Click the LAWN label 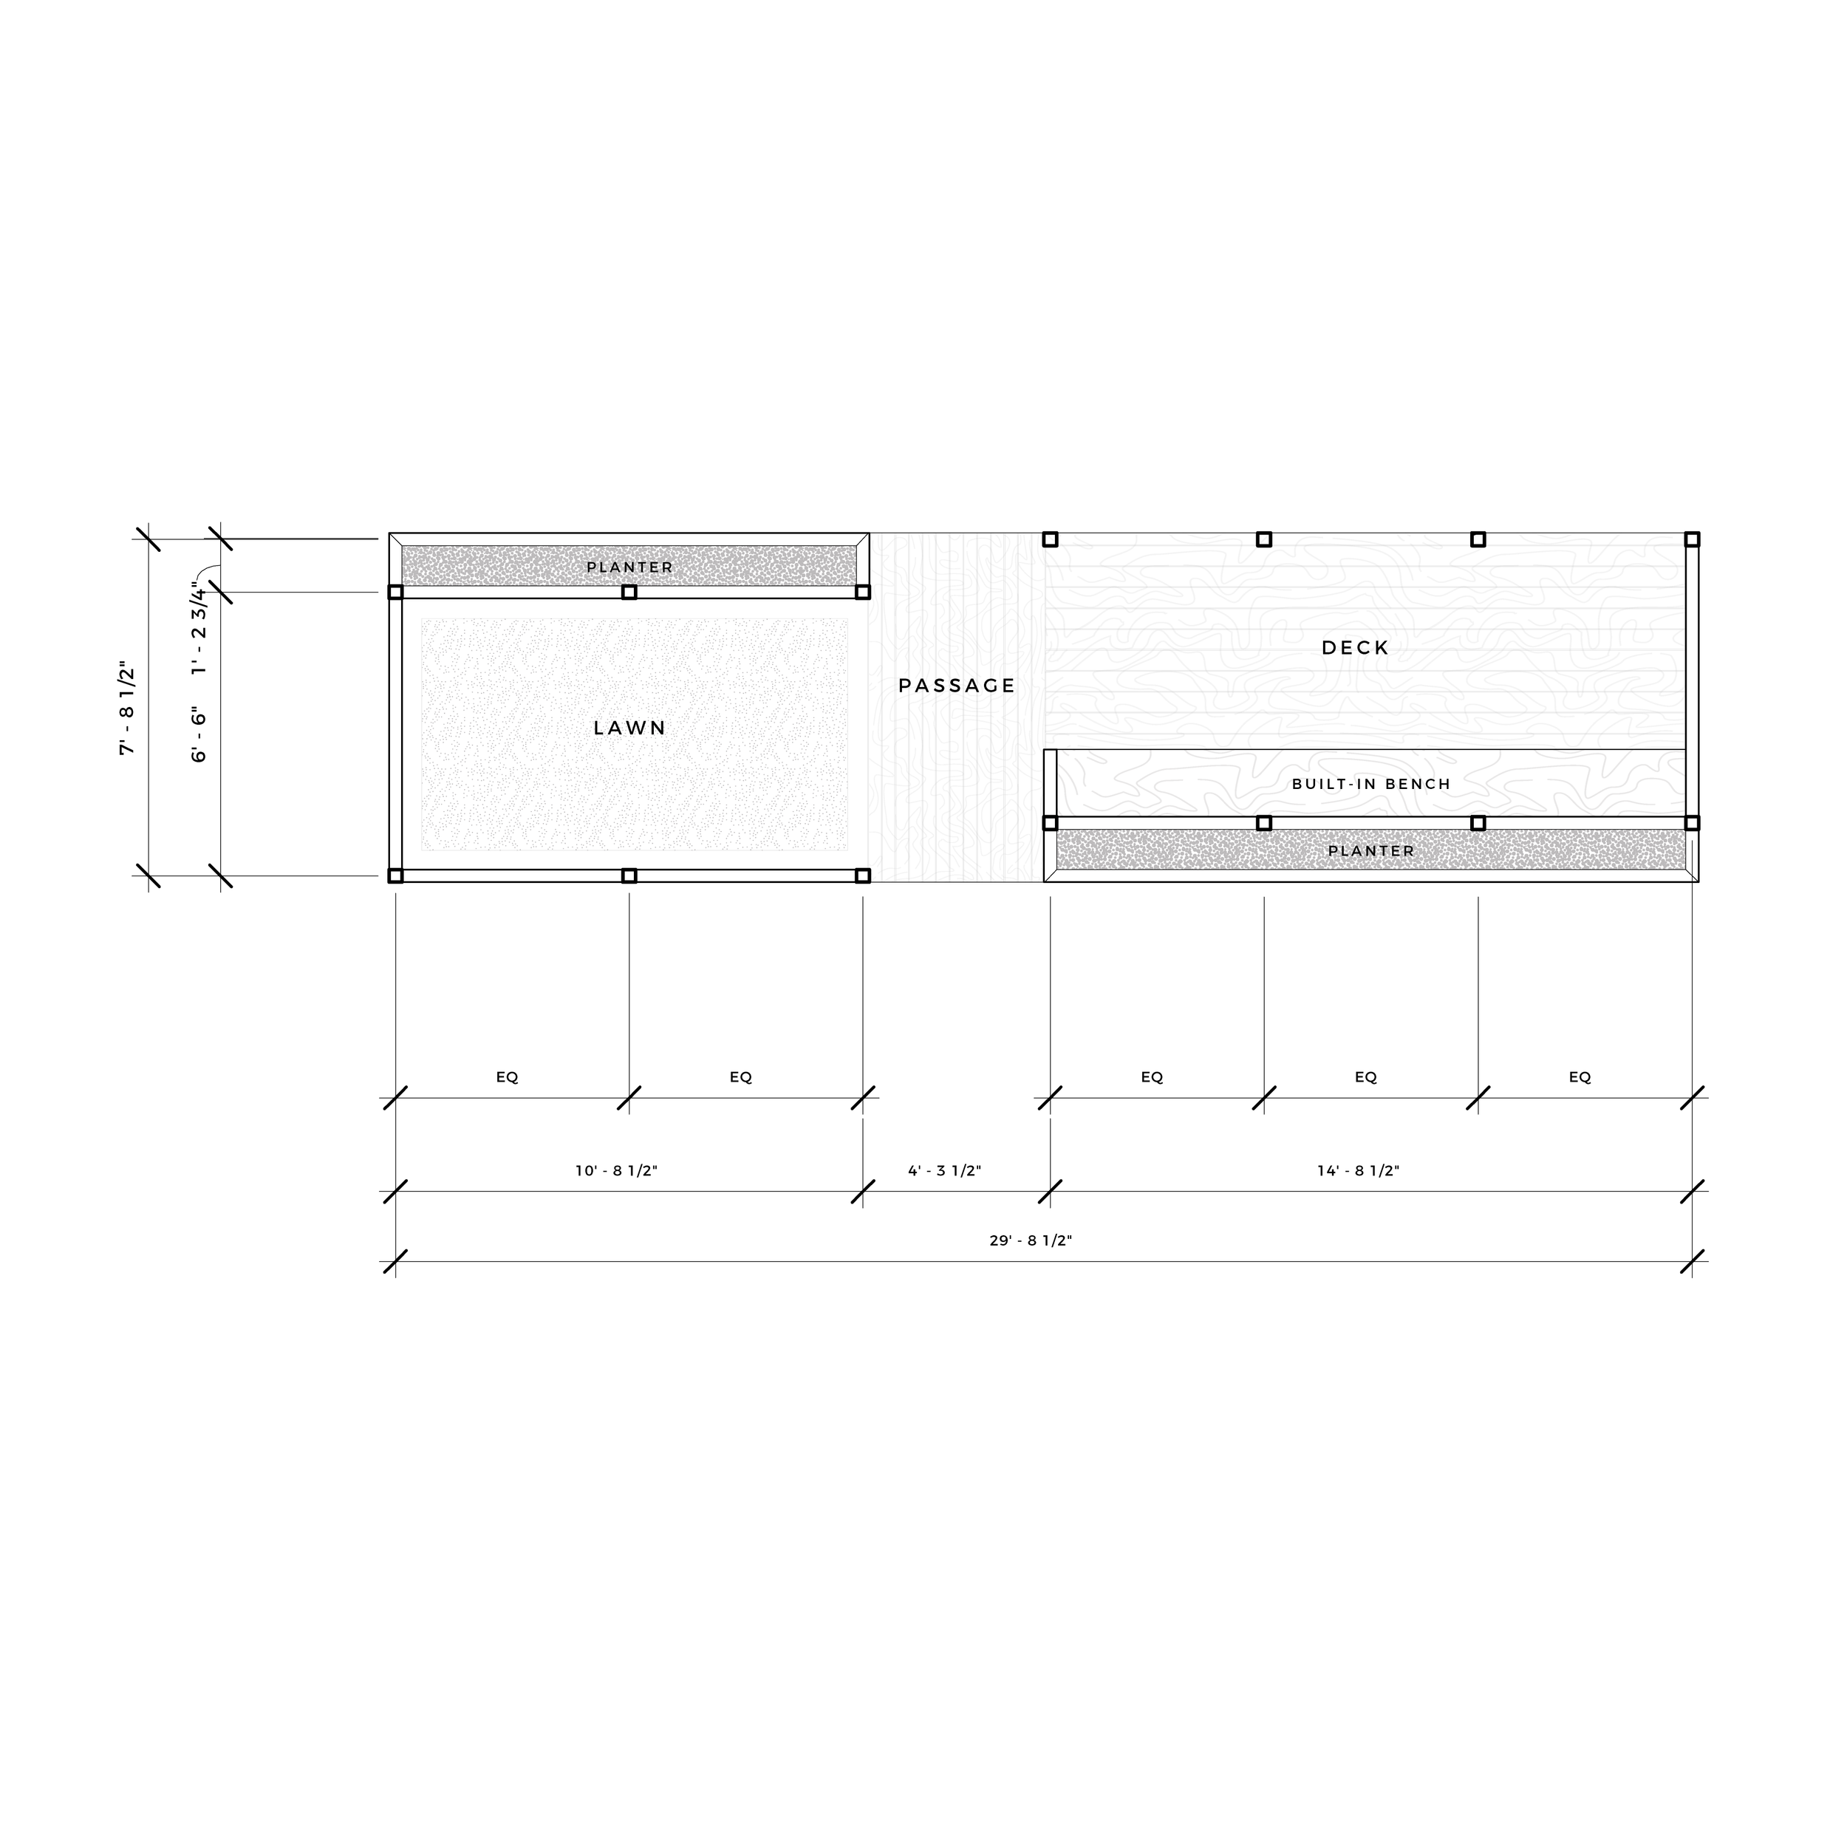pyautogui.click(x=629, y=728)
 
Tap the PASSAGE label pyautogui.click(x=957, y=686)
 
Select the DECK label pyautogui.click(x=1355, y=648)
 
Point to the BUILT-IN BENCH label pyautogui.click(x=1371, y=784)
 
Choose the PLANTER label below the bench pyautogui.click(x=1371, y=851)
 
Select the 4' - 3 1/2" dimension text pyautogui.click(x=944, y=1171)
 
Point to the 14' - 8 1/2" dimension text pyautogui.click(x=1357, y=1171)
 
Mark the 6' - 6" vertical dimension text pyautogui.click(x=199, y=735)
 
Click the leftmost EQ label pyautogui.click(x=507, y=1077)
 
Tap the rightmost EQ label pyautogui.click(x=1580, y=1077)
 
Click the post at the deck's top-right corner pyautogui.click(x=1691, y=539)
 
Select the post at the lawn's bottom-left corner pyautogui.click(x=396, y=875)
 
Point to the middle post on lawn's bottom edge pyautogui.click(x=629, y=875)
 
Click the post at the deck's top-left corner pyautogui.click(x=1050, y=539)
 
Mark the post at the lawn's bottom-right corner pyautogui.click(x=862, y=875)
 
